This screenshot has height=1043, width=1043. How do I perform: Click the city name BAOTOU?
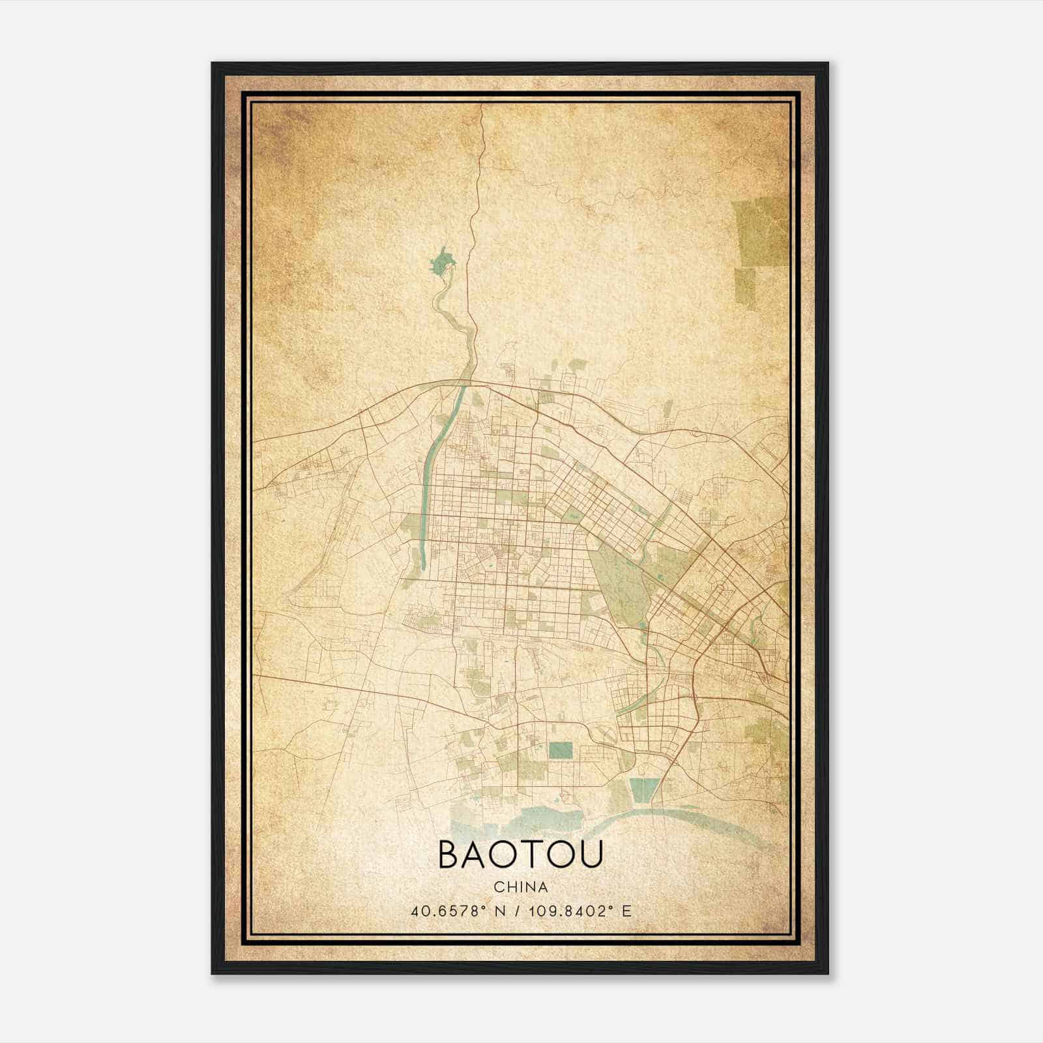[520, 855]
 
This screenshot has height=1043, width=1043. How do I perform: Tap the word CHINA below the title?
[520, 887]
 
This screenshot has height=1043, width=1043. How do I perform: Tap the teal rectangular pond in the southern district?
[560, 750]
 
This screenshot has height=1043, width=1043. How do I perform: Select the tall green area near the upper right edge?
[759, 231]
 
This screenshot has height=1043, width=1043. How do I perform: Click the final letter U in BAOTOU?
[589, 855]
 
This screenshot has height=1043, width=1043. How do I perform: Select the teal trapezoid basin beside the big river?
[644, 791]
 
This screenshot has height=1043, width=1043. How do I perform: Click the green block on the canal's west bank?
[411, 525]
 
